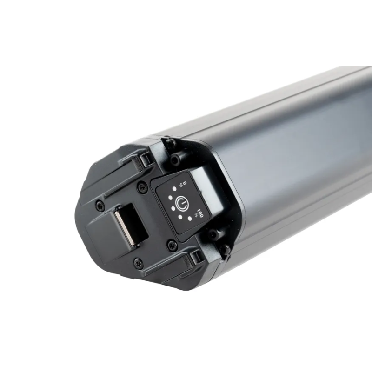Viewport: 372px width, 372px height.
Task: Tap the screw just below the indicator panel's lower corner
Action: (173, 244)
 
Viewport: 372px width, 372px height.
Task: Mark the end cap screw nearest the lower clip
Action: (138, 263)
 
